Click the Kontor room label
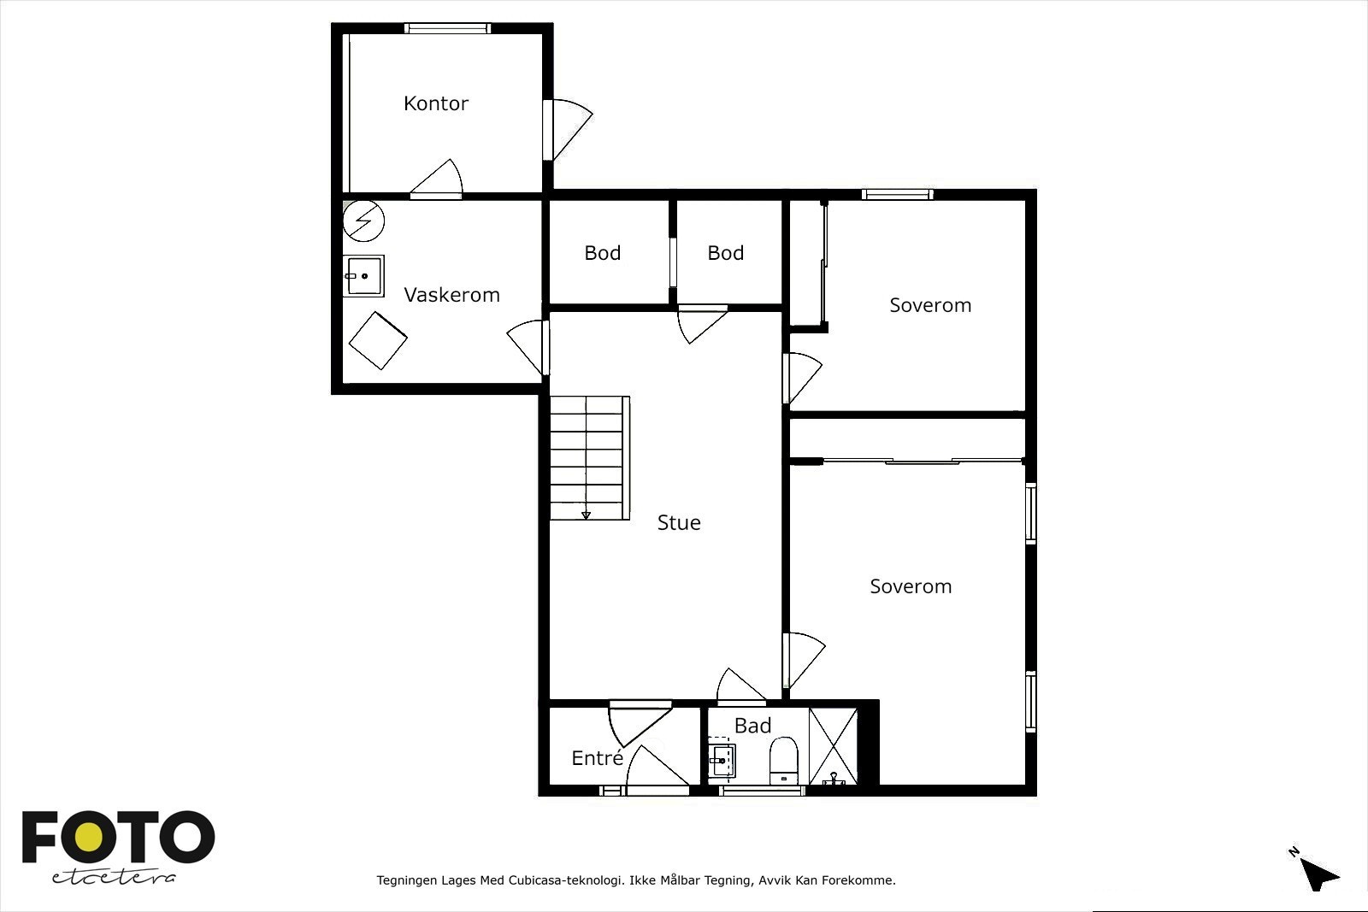coord(435,103)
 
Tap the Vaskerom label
coord(451,295)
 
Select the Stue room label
coord(679,522)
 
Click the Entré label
coord(598,757)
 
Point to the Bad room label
coord(752,725)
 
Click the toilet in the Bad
coord(783,761)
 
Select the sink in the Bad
coord(722,761)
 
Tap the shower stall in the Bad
coord(833,746)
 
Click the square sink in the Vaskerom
coord(363,276)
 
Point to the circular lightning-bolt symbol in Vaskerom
coord(363,221)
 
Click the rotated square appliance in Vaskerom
coord(378,341)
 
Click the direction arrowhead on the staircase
coord(586,515)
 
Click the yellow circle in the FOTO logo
coord(90,836)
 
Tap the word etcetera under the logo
coord(115,877)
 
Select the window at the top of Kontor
coord(447,28)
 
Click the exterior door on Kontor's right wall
coord(568,130)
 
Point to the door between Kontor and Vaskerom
coord(436,179)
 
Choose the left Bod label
coord(602,253)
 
